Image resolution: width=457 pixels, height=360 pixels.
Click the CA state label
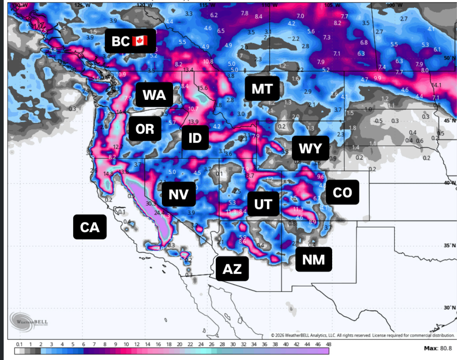click(90, 227)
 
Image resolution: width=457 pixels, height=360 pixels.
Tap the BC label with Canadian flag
click(130, 41)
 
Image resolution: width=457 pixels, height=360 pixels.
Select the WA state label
click(154, 95)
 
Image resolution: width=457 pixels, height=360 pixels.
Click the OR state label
click(145, 129)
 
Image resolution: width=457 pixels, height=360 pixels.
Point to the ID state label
click(195, 138)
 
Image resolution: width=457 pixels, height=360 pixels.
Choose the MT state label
click(262, 89)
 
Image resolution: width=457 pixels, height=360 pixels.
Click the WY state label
click(310, 148)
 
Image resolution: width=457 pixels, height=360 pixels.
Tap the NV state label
click(178, 194)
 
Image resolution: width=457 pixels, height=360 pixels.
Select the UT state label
click(263, 204)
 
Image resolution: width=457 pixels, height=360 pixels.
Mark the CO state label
click(342, 192)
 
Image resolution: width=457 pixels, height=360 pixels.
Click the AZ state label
click(232, 269)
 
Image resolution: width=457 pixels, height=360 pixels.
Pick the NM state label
click(313, 259)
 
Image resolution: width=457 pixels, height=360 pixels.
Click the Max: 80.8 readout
click(438, 348)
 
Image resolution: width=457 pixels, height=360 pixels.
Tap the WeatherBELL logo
click(29, 321)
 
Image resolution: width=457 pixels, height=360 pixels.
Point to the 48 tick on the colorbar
click(328, 344)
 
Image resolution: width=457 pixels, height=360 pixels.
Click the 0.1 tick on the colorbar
click(19, 344)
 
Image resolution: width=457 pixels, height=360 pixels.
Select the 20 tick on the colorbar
click(179, 344)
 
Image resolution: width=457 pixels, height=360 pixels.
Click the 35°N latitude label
click(450, 245)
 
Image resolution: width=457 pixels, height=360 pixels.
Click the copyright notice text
click(363, 335)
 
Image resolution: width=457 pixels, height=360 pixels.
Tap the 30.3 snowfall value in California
click(151, 203)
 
